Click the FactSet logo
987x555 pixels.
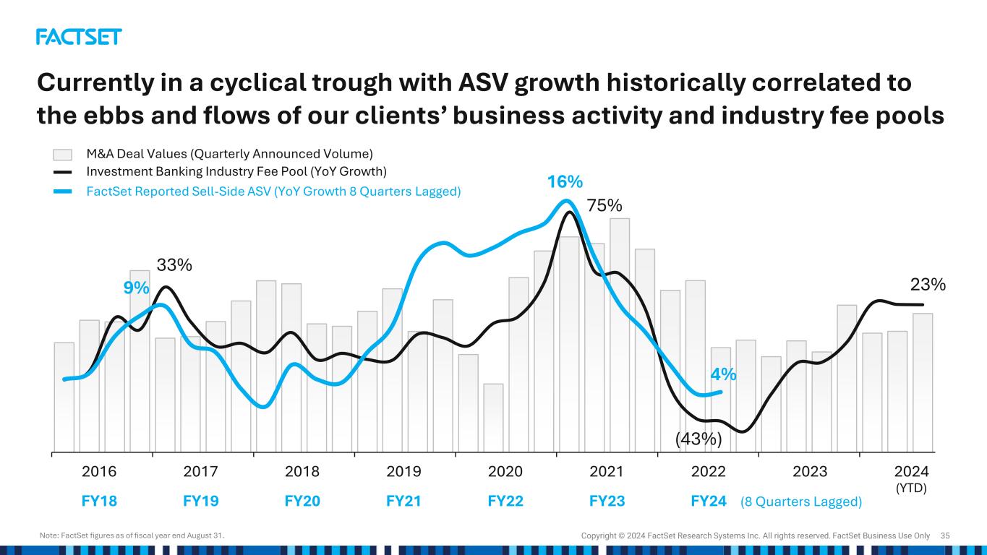pyautogui.click(x=79, y=37)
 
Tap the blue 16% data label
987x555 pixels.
pyautogui.click(x=565, y=182)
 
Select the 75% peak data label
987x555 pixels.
pyautogui.click(x=604, y=206)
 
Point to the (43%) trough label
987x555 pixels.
pyautogui.click(x=699, y=439)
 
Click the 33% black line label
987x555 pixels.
pyautogui.click(x=174, y=265)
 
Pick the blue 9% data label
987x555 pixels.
pyautogui.click(x=136, y=288)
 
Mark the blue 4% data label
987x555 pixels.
pyautogui.click(x=723, y=374)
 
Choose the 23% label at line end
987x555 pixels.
pyautogui.click(x=928, y=285)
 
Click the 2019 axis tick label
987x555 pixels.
pyautogui.click(x=404, y=472)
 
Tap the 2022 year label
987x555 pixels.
pyautogui.click(x=709, y=472)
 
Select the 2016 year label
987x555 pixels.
pyautogui.click(x=99, y=472)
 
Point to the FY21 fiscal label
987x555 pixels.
pyautogui.click(x=404, y=502)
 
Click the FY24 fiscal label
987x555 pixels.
pyautogui.click(x=709, y=502)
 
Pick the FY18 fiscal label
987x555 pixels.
pyautogui.click(x=99, y=502)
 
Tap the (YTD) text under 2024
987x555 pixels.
pyautogui.click(x=911, y=488)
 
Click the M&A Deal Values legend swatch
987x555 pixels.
pyautogui.click(x=63, y=154)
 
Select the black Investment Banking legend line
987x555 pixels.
pyautogui.click(x=63, y=172)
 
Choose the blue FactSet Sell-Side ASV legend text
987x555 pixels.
pyautogui.click(x=273, y=192)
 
